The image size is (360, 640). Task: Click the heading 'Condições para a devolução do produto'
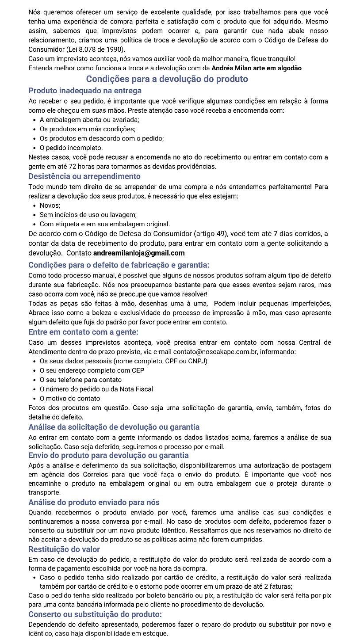click(x=167, y=79)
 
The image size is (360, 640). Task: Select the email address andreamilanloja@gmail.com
click(x=139, y=253)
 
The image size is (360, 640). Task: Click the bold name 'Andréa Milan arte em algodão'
click(x=257, y=68)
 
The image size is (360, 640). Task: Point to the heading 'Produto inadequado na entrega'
click(x=85, y=91)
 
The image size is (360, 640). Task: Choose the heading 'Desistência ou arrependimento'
click(x=84, y=177)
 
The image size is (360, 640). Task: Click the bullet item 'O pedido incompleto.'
click(x=71, y=148)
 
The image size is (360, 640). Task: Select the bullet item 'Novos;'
click(x=50, y=206)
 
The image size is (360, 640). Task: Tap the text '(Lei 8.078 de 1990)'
click(x=96, y=49)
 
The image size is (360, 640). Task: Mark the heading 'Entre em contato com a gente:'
click(x=84, y=332)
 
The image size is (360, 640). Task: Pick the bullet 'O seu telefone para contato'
click(x=80, y=380)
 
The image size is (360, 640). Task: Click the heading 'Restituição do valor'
click(x=64, y=549)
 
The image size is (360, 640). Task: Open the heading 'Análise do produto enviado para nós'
click(x=94, y=503)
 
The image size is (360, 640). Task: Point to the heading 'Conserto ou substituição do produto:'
click(x=95, y=614)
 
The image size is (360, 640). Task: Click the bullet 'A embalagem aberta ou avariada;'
click(x=89, y=120)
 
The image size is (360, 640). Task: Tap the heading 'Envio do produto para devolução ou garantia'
click(x=108, y=455)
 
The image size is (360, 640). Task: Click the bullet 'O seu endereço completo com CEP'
click(x=92, y=370)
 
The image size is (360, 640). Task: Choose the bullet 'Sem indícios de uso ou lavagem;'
click(x=88, y=215)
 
